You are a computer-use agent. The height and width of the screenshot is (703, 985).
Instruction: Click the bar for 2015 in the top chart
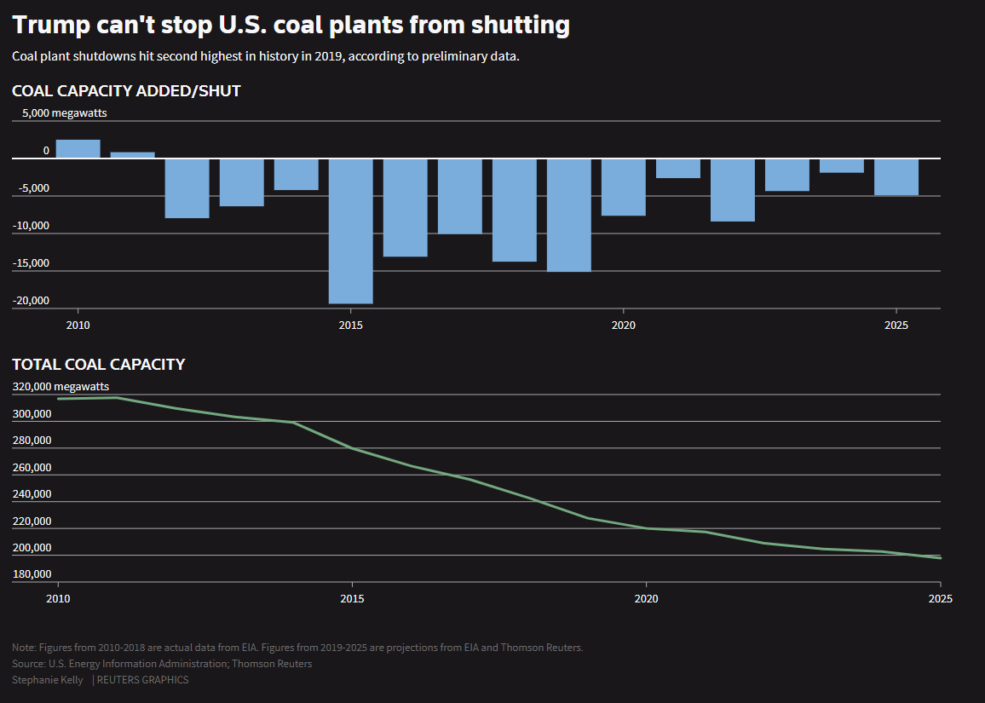[x=350, y=231]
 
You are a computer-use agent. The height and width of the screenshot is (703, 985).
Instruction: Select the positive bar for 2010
[x=78, y=149]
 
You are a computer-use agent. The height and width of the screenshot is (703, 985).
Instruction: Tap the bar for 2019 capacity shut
[x=568, y=215]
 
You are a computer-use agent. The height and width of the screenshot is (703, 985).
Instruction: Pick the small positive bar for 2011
[x=132, y=155]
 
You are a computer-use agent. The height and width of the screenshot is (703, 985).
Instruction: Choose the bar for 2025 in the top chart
[x=896, y=177]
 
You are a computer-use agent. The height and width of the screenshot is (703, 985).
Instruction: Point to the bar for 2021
[x=677, y=169]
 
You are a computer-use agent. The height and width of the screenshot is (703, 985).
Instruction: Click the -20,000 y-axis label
[x=31, y=301]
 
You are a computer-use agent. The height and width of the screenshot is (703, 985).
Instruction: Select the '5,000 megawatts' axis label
[x=64, y=112]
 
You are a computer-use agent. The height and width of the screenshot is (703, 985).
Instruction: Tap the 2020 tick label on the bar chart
[x=623, y=325]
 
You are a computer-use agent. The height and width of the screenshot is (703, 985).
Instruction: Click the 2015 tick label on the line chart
[x=352, y=599]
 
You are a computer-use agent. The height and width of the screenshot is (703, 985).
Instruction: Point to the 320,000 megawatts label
[x=60, y=387]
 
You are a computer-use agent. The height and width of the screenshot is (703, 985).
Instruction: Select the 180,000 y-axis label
[x=32, y=574]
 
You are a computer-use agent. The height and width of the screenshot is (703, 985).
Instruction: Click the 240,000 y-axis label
[x=32, y=494]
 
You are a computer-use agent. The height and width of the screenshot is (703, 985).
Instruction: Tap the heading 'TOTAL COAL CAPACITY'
[x=98, y=365]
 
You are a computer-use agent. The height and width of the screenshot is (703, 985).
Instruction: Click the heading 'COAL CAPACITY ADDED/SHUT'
[x=126, y=91]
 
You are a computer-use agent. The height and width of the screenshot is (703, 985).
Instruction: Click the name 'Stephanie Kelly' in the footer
[x=48, y=680]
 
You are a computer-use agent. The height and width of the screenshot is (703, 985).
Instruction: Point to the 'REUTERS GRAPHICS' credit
[x=143, y=680]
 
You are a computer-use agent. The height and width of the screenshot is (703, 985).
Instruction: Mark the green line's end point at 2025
[x=940, y=558]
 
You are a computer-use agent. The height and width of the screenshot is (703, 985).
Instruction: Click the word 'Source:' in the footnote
[x=29, y=664]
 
